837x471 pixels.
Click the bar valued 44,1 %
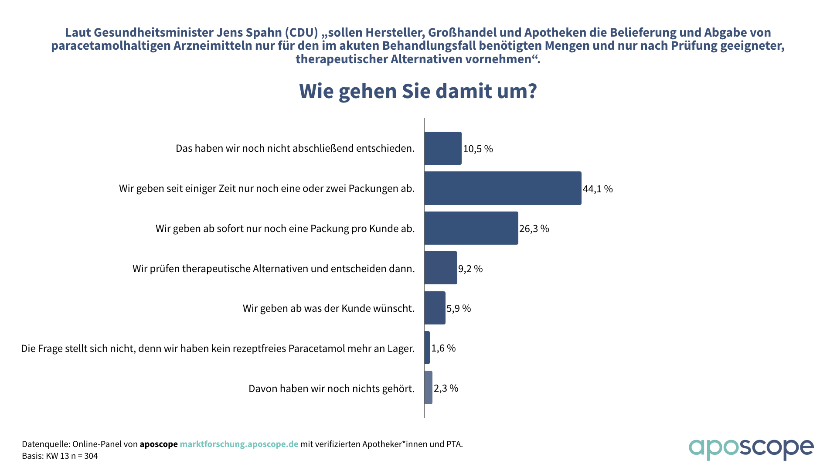[503, 188]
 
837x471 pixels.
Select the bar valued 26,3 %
[471, 228]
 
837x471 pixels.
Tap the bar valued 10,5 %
[443, 148]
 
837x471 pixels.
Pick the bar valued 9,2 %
[441, 268]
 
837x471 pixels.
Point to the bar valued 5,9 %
[435, 308]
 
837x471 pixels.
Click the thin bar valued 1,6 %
[427, 348]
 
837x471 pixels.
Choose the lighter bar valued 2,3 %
[429, 388]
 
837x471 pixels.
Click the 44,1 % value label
[598, 189]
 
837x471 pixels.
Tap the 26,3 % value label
[534, 229]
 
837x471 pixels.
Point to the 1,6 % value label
[443, 348]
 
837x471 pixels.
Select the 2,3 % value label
[446, 388]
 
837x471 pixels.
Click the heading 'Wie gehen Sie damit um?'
[418, 91]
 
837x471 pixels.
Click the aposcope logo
[751, 449]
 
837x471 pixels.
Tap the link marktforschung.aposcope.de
[239, 444]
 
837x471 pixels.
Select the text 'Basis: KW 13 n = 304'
[60, 456]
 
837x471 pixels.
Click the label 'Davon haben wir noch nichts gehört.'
[331, 388]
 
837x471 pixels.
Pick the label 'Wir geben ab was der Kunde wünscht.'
[329, 308]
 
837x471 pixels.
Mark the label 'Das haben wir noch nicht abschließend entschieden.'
[295, 148]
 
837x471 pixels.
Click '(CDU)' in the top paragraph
[301, 32]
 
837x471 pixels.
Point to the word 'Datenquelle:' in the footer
[46, 444]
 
